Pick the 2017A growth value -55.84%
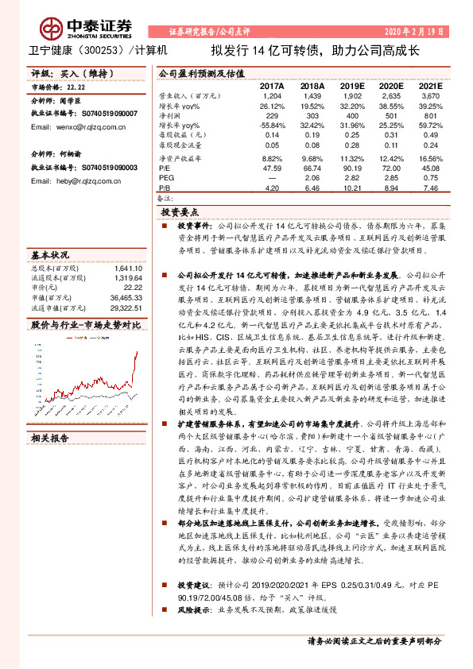tap(273, 126)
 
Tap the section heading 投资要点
tap(184, 214)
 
